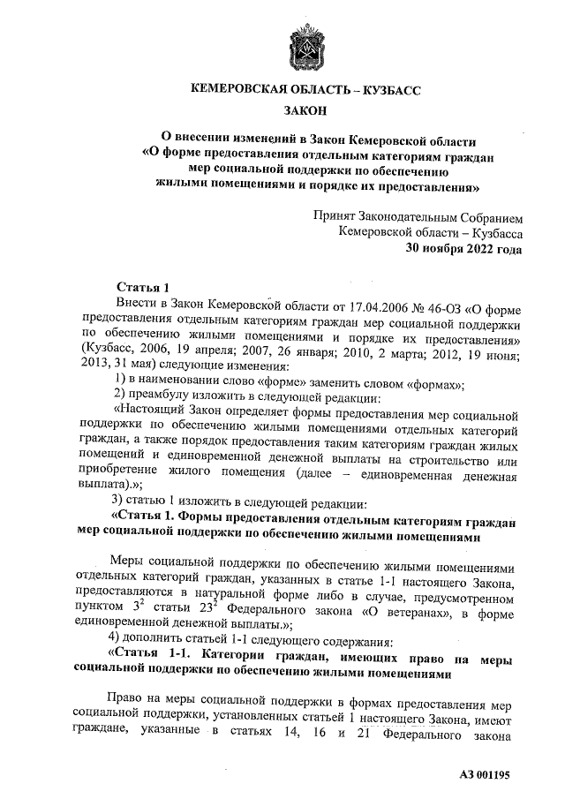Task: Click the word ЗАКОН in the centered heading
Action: pos(305,110)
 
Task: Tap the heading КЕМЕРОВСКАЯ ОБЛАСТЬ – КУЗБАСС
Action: pos(305,90)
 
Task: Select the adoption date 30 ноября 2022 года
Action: pos(463,249)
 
